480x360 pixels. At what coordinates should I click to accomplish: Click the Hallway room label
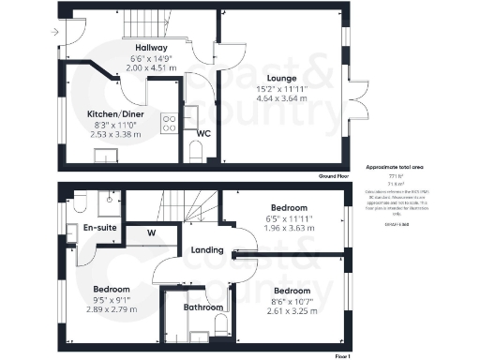click(x=151, y=48)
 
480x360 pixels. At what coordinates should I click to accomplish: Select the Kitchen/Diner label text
click(x=114, y=113)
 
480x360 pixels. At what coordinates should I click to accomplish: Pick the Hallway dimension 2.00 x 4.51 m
click(x=151, y=68)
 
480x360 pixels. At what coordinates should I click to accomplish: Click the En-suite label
click(x=100, y=228)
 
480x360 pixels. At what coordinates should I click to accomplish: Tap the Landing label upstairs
click(x=206, y=250)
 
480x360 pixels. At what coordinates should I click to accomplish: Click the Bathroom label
click(x=202, y=307)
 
